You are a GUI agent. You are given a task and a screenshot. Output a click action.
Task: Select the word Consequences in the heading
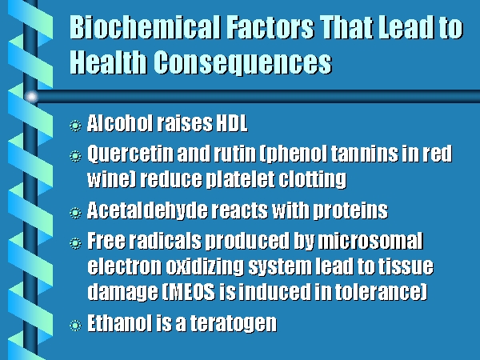point(242,62)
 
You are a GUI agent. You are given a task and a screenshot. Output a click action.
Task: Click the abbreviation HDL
point(232,123)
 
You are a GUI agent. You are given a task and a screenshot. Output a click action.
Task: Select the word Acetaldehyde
point(147,211)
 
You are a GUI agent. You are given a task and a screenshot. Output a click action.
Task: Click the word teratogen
point(234,323)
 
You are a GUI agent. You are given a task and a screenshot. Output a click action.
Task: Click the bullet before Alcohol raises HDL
point(75,126)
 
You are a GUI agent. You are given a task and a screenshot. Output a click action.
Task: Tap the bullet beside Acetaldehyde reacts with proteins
point(75,213)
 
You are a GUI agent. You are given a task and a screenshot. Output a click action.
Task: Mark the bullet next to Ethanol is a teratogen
point(75,325)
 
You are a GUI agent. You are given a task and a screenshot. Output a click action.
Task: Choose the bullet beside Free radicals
point(75,243)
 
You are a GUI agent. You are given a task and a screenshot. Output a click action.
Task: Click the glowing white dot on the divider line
point(31,97)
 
